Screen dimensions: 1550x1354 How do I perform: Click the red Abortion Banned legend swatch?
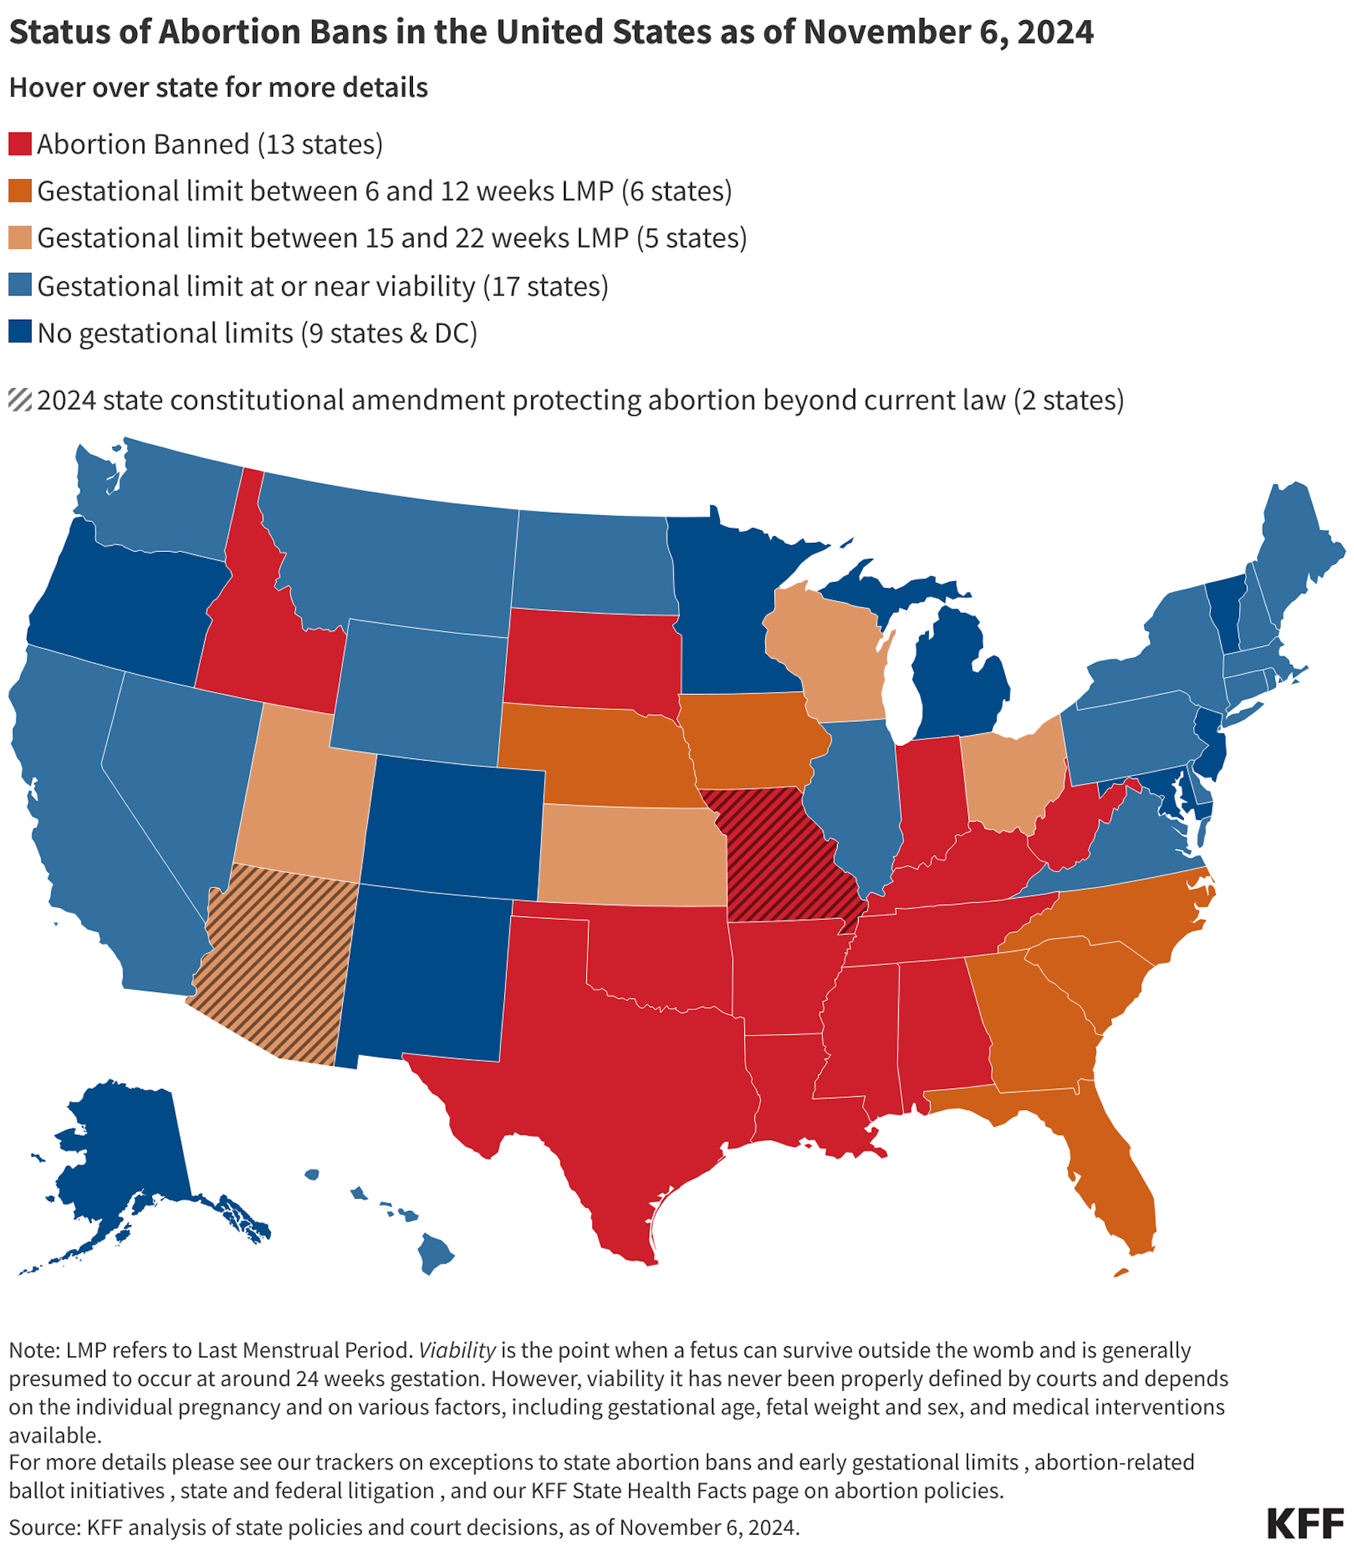(x=20, y=144)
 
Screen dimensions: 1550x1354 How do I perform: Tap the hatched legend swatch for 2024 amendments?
(x=20, y=399)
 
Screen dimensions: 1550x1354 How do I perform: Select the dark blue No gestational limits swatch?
(x=20, y=332)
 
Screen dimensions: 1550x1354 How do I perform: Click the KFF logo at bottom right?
(x=1305, y=1524)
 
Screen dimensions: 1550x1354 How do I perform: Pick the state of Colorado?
(x=454, y=827)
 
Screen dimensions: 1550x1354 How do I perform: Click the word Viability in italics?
(x=457, y=1350)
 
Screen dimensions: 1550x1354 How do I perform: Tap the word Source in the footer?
(x=44, y=1527)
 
